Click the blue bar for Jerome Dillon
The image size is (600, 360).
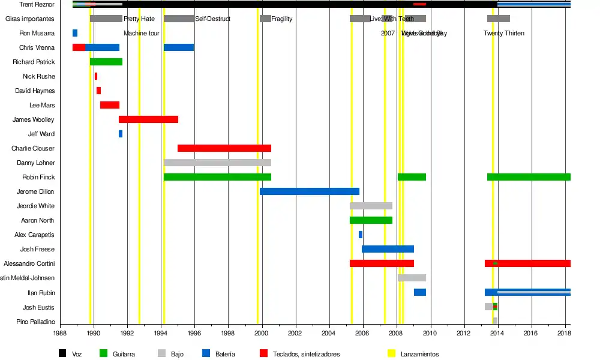[x=309, y=191]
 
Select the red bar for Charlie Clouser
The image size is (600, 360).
[x=224, y=148]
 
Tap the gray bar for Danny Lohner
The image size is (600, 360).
[x=217, y=163]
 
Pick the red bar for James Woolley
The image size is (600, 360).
[x=148, y=119]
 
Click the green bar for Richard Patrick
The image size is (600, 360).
[x=106, y=62]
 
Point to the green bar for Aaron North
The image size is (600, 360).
[x=371, y=220]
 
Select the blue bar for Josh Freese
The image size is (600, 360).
[x=388, y=249]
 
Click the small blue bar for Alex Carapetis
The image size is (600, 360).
[x=361, y=235]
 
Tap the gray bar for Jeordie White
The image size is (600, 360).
[x=371, y=206]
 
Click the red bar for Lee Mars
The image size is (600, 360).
[x=110, y=105]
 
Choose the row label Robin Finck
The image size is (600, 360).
[x=38, y=177]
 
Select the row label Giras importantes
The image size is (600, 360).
[x=30, y=19]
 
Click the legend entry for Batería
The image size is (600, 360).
[x=226, y=354]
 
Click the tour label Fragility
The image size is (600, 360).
[x=282, y=19]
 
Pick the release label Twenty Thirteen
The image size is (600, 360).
[x=504, y=33]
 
